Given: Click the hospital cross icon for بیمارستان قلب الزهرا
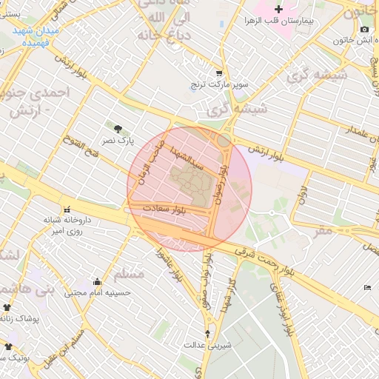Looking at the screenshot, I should coord(278,10).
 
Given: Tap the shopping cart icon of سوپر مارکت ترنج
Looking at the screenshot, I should coord(219,73).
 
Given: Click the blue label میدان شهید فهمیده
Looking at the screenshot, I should coord(36,36).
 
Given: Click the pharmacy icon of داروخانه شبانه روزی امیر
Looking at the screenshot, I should coord(68,209).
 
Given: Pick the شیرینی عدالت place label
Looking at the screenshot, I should coord(207,345).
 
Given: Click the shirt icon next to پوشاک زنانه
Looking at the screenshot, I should coord(8,307).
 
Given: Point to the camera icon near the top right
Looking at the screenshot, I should coord(364,30).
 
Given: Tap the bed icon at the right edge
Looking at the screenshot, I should coord(368,287).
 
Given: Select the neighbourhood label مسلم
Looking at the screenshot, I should coord(131,275).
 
